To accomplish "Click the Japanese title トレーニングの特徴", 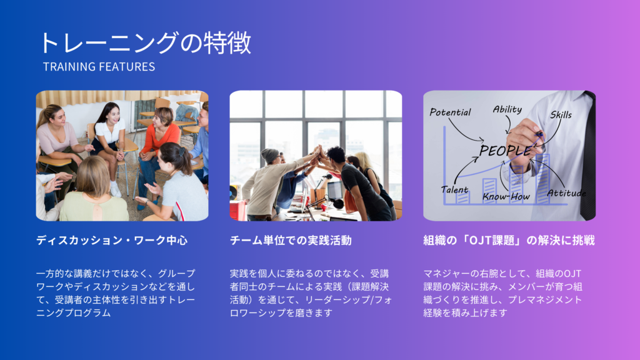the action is [145, 43].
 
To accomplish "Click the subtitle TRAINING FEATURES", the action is [99, 66].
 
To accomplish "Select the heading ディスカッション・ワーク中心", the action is [112, 241].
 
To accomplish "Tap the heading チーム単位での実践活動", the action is [291, 241].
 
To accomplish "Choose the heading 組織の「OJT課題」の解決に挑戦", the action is [509, 241].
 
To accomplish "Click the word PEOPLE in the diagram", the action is [506, 151].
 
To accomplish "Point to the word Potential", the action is [450, 112].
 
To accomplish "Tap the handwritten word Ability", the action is [507, 109].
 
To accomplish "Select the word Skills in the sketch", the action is [561, 115].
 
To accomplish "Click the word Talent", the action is [454, 190].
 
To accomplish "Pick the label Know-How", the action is [506, 197].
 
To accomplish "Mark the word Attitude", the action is [566, 193].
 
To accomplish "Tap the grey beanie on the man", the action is [269, 155].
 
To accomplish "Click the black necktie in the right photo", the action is [588, 156].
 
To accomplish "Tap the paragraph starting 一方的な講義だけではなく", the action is [116, 293].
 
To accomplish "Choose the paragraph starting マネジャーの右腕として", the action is [503, 293].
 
